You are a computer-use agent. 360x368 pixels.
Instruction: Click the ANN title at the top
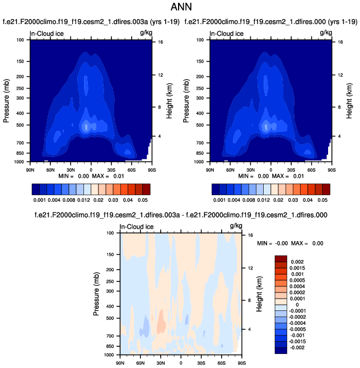point(180,8)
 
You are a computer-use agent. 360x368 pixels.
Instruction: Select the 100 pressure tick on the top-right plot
point(201,40)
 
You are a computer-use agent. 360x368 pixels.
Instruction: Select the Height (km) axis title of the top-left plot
point(168,101)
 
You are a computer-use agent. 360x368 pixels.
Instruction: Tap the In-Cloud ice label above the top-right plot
point(227,34)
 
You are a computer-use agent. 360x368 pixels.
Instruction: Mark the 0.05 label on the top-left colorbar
point(143,199)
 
